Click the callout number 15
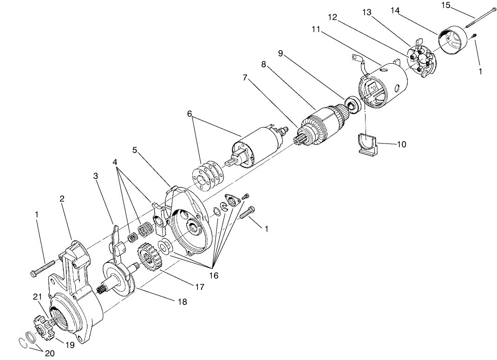445,6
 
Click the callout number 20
50,353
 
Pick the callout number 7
245,78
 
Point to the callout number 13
367,13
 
